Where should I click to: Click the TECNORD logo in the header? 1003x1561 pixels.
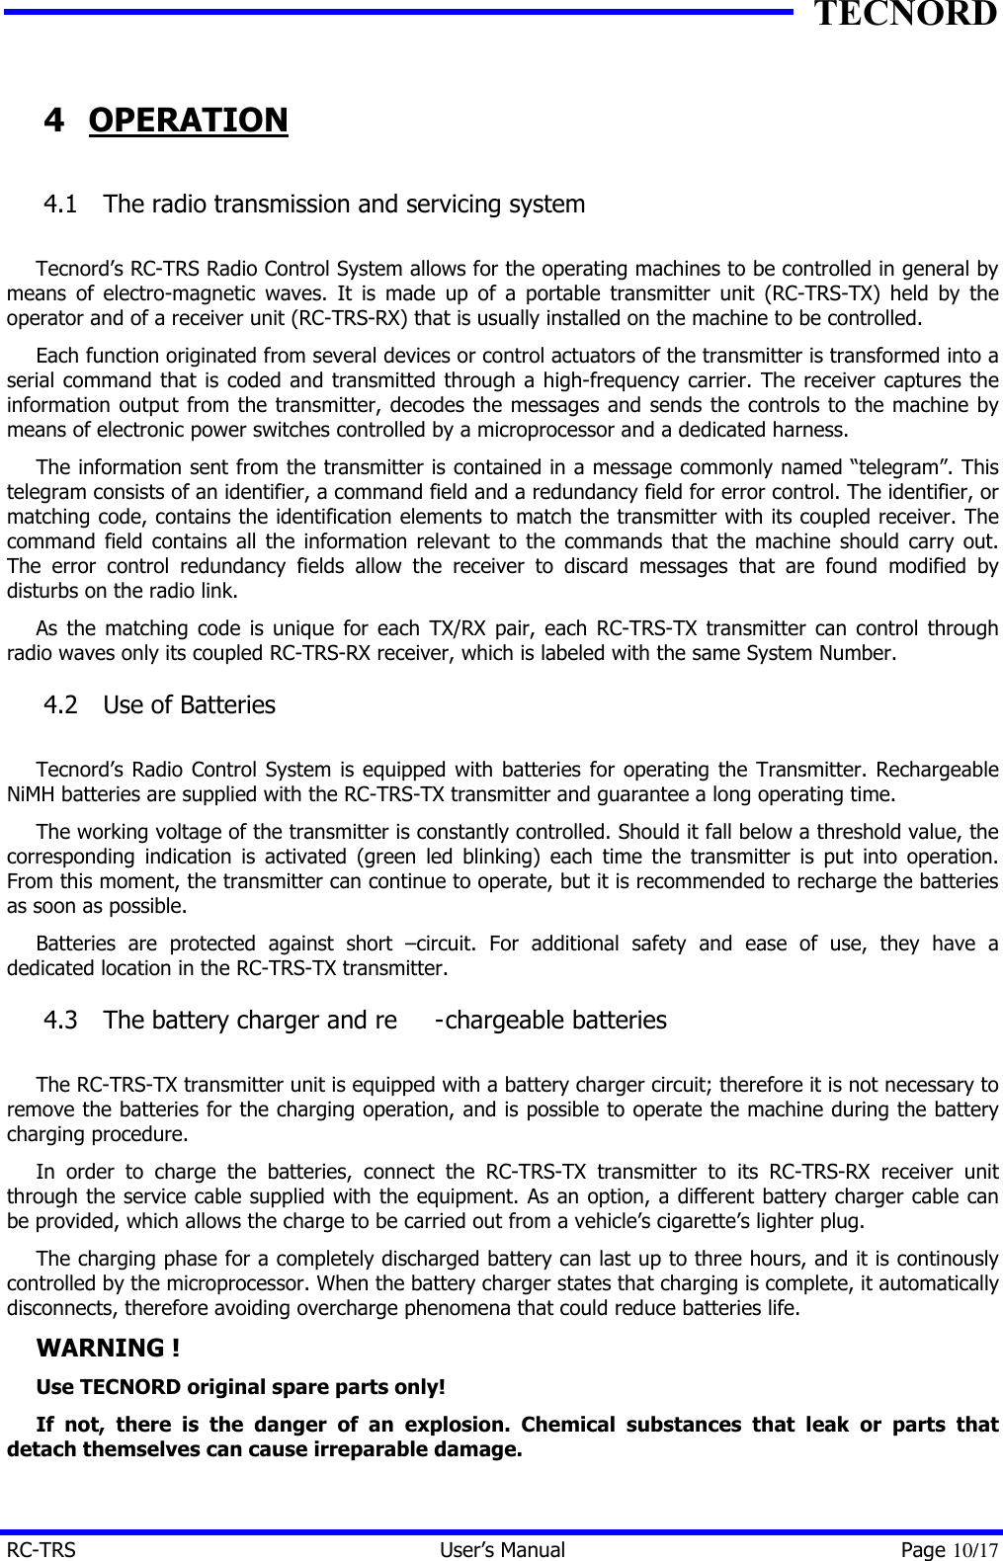click(x=904, y=15)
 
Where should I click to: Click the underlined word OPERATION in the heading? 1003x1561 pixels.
click(x=188, y=121)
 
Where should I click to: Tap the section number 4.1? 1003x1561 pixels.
click(x=61, y=205)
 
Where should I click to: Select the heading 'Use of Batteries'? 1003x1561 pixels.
click(x=189, y=705)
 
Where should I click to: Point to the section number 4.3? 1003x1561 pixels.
click(x=61, y=1021)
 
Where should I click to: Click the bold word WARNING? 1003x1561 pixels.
click(x=101, y=1349)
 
